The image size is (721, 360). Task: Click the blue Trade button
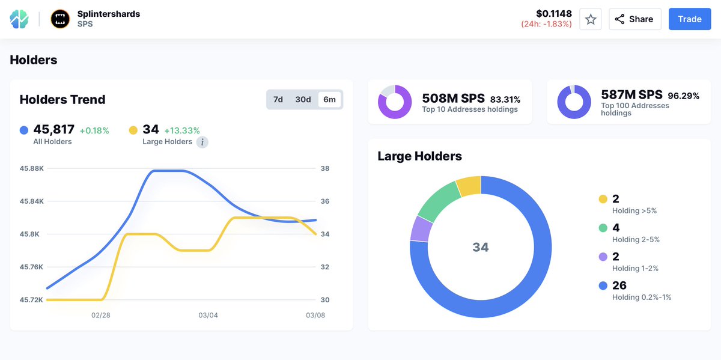pyautogui.click(x=690, y=19)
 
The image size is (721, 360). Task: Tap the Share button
pyautogui.click(x=634, y=19)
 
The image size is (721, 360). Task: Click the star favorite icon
pyautogui.click(x=590, y=19)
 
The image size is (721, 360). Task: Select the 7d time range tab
pyautogui.click(x=278, y=100)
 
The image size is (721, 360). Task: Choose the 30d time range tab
pyautogui.click(x=303, y=100)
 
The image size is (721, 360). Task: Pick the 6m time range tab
pyautogui.click(x=329, y=100)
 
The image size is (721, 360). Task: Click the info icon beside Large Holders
pyautogui.click(x=202, y=142)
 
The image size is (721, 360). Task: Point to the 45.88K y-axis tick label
pyautogui.click(x=31, y=168)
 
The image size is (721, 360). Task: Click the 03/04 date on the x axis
pyautogui.click(x=208, y=316)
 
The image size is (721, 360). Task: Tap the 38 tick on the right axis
pyautogui.click(x=324, y=168)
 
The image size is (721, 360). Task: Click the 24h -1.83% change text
pyautogui.click(x=546, y=24)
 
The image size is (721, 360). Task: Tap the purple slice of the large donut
pyautogui.click(x=421, y=228)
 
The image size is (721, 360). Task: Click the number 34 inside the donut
pyautogui.click(x=481, y=247)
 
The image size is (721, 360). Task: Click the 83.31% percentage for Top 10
pyautogui.click(x=505, y=99)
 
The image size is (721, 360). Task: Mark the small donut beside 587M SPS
pyautogui.click(x=574, y=102)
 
